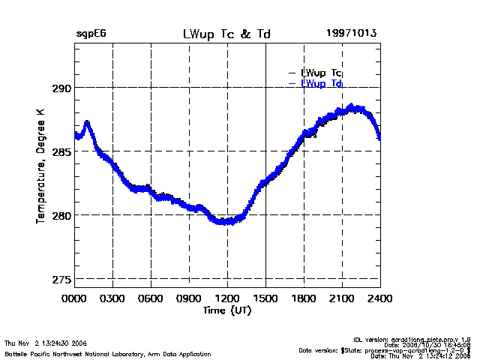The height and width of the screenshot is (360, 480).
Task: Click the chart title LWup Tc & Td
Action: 227,34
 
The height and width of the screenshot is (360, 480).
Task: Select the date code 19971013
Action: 351,34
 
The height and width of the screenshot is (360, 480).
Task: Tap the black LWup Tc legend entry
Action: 321,73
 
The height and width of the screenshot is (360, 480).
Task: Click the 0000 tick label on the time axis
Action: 74,298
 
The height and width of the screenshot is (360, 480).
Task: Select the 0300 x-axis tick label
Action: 112,298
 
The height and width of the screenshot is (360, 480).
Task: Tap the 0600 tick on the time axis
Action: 151,298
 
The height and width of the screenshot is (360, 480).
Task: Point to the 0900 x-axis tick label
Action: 189,298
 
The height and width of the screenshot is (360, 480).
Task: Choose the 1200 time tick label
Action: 227,298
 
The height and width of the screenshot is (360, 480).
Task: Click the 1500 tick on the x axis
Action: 265,298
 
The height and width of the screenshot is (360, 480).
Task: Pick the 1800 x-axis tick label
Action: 304,298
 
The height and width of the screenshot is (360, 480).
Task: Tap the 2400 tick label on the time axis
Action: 379,298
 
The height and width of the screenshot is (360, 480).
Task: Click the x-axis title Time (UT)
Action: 227,310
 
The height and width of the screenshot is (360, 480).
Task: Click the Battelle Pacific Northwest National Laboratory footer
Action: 107,353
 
